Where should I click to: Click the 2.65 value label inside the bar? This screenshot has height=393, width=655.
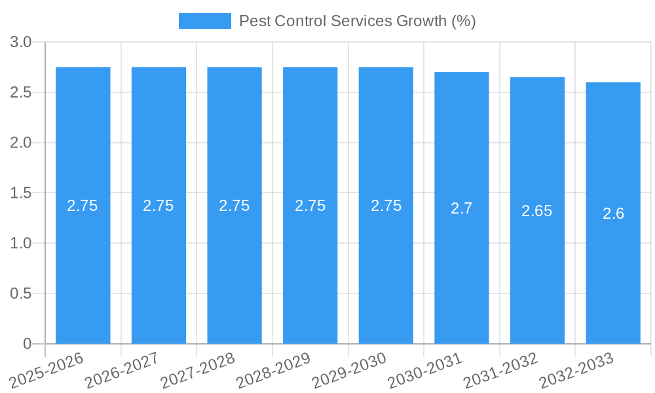coord(537,211)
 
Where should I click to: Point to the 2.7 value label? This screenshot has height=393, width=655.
coord(462,208)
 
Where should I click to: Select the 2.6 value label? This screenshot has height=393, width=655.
coord(613,214)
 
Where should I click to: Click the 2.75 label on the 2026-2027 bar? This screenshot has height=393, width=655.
coord(159,206)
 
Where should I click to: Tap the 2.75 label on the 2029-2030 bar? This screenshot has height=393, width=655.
coord(386,206)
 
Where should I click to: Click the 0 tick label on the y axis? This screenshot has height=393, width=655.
coord(27,344)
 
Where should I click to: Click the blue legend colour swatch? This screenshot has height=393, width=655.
coord(204,21)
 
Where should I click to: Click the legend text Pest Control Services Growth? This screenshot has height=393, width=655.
coord(357,21)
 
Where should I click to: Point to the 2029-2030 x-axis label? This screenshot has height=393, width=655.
coord(348,370)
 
